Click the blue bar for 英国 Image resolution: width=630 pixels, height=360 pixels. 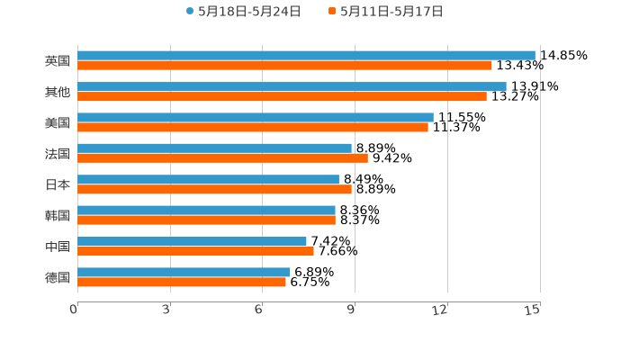pyautogui.click(x=306, y=55)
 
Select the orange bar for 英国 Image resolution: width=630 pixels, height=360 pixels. pyautogui.click(x=284, y=65)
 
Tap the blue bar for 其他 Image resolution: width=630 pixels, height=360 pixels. pyautogui.click(x=292, y=86)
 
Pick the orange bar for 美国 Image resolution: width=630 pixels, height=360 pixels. pyautogui.click(x=253, y=127)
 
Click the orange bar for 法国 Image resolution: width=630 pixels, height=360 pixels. pyautogui.click(x=222, y=157)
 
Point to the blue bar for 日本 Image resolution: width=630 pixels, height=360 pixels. pyautogui.click(x=208, y=179)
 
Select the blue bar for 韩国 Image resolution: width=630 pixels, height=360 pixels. pyautogui.click(x=206, y=211)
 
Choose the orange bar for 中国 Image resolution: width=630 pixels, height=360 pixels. pyautogui.click(x=195, y=251)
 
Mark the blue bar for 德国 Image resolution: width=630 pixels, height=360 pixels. pyautogui.click(x=184, y=272)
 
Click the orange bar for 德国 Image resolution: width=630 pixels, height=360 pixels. pyautogui.click(x=182, y=282)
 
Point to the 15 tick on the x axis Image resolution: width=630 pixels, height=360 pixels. pyautogui.click(x=533, y=310)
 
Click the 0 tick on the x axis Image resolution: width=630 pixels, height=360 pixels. pyautogui.click(x=75, y=310)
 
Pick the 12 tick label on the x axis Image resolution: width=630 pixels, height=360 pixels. pyautogui.click(x=440, y=310)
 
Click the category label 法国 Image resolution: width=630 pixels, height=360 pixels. pyautogui.click(x=57, y=153)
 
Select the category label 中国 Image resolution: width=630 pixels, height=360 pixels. pyautogui.click(x=57, y=247)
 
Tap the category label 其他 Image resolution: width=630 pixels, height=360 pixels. pyautogui.click(x=57, y=92)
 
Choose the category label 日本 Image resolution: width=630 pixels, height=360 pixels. pyautogui.click(x=57, y=184)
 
